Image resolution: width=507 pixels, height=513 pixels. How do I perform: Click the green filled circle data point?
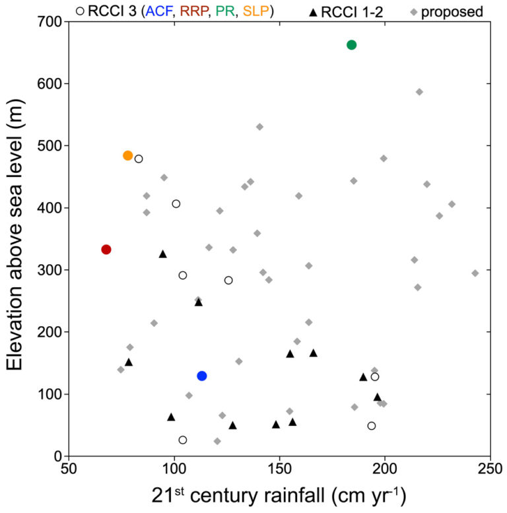pos(351,45)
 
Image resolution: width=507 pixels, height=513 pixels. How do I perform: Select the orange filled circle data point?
pos(128,156)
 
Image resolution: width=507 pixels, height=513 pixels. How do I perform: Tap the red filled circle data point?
pos(106,250)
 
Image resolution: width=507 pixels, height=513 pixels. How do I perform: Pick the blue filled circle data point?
pos(202,376)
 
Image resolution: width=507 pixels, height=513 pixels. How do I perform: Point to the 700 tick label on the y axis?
pos(47,22)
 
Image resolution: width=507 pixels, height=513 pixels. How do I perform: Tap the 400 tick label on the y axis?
pos(47,208)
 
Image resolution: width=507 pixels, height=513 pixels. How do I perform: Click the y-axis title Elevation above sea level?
pos(16,239)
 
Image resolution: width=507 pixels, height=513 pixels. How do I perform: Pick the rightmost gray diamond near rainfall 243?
pos(475,273)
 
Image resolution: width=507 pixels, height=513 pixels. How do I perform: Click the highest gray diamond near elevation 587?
pos(419,92)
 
